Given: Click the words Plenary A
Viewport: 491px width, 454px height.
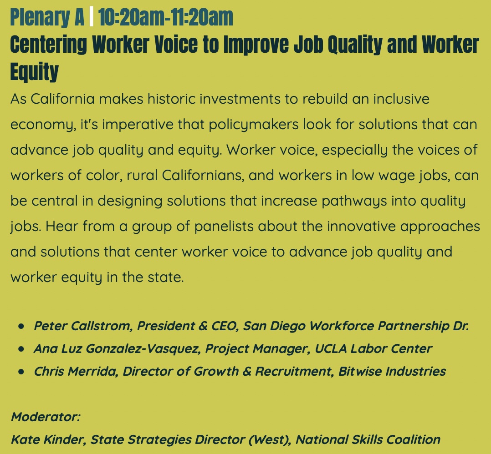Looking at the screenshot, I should point(47,17).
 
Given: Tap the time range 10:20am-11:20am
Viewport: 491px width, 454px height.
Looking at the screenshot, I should point(165,17).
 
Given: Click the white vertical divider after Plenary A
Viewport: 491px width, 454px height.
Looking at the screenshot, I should point(91,17).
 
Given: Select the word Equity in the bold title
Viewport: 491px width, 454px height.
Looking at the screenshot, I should point(35,71).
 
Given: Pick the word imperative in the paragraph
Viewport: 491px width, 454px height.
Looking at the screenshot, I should point(136,125).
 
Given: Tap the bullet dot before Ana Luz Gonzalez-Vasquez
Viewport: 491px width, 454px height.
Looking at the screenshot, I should point(21,349).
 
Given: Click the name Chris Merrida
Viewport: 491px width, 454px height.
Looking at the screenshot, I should point(76,371).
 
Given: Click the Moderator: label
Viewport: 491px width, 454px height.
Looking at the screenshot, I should point(45,417).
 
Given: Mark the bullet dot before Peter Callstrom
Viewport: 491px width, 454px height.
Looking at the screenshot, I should point(21,327).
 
